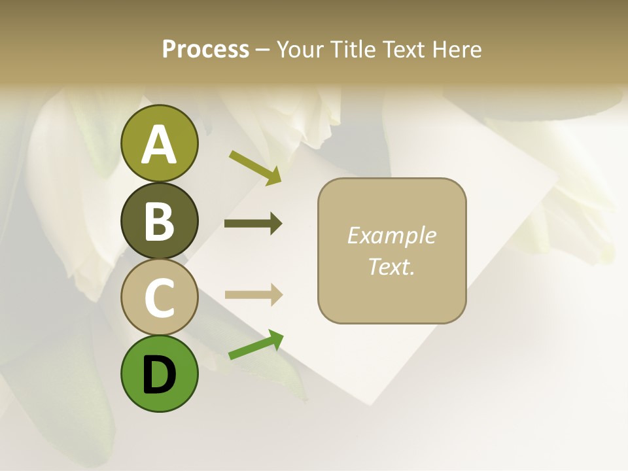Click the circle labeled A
click(x=159, y=143)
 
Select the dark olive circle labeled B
click(x=159, y=220)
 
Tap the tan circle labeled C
click(x=159, y=298)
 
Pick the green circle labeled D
click(x=159, y=374)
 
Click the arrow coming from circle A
click(x=254, y=167)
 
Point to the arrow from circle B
click(x=253, y=224)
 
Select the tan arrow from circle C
click(x=253, y=295)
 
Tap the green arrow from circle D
click(x=256, y=345)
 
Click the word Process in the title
click(x=205, y=49)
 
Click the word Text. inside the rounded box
click(x=391, y=266)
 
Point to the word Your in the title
click(x=299, y=49)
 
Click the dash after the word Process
click(x=263, y=50)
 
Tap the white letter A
click(x=159, y=145)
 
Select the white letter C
click(x=159, y=298)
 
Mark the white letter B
click(x=159, y=221)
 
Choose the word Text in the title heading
click(x=404, y=49)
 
